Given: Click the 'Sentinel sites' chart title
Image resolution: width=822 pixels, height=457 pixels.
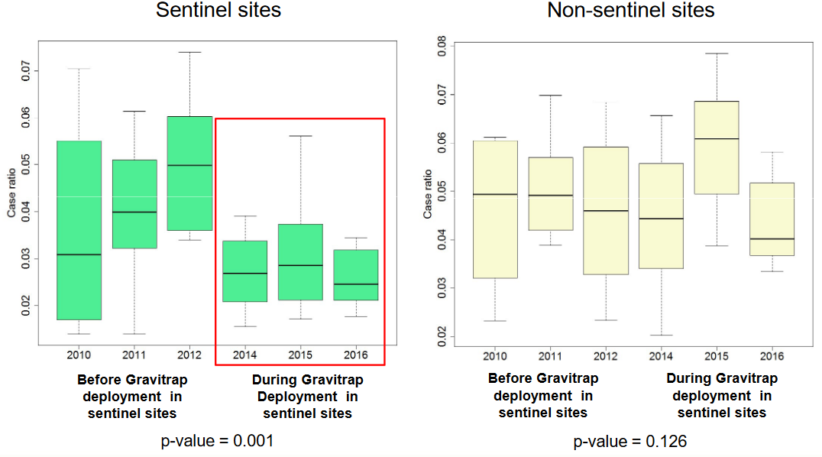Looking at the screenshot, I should tap(218, 11).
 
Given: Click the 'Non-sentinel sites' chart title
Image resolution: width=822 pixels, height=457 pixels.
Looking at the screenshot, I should tap(631, 11).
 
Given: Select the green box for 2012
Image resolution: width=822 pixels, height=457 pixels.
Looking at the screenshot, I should tap(189, 173).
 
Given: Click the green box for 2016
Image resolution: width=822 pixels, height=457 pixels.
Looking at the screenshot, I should tap(355, 275).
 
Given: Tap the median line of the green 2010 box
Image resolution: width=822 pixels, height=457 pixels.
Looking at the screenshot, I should tap(79, 254).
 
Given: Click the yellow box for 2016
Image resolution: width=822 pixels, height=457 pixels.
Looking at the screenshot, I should tap(772, 219).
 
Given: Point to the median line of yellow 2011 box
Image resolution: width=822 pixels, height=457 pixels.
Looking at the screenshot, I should tap(550, 196).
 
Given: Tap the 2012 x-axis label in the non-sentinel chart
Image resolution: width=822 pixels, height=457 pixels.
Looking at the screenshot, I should tap(605, 356).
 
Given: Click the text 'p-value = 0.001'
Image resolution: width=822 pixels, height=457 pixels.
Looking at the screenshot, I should tap(217, 441).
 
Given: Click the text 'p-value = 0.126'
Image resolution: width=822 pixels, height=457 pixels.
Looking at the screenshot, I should tap(630, 441).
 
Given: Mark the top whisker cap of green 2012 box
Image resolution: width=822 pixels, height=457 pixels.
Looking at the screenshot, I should tap(189, 52).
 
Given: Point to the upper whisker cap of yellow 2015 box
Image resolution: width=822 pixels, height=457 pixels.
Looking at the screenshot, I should tap(717, 53).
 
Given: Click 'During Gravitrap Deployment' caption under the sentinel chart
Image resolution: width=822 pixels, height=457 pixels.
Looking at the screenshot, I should tap(307, 396).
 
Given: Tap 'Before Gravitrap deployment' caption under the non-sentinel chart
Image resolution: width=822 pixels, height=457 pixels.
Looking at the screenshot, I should tap(543, 395).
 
